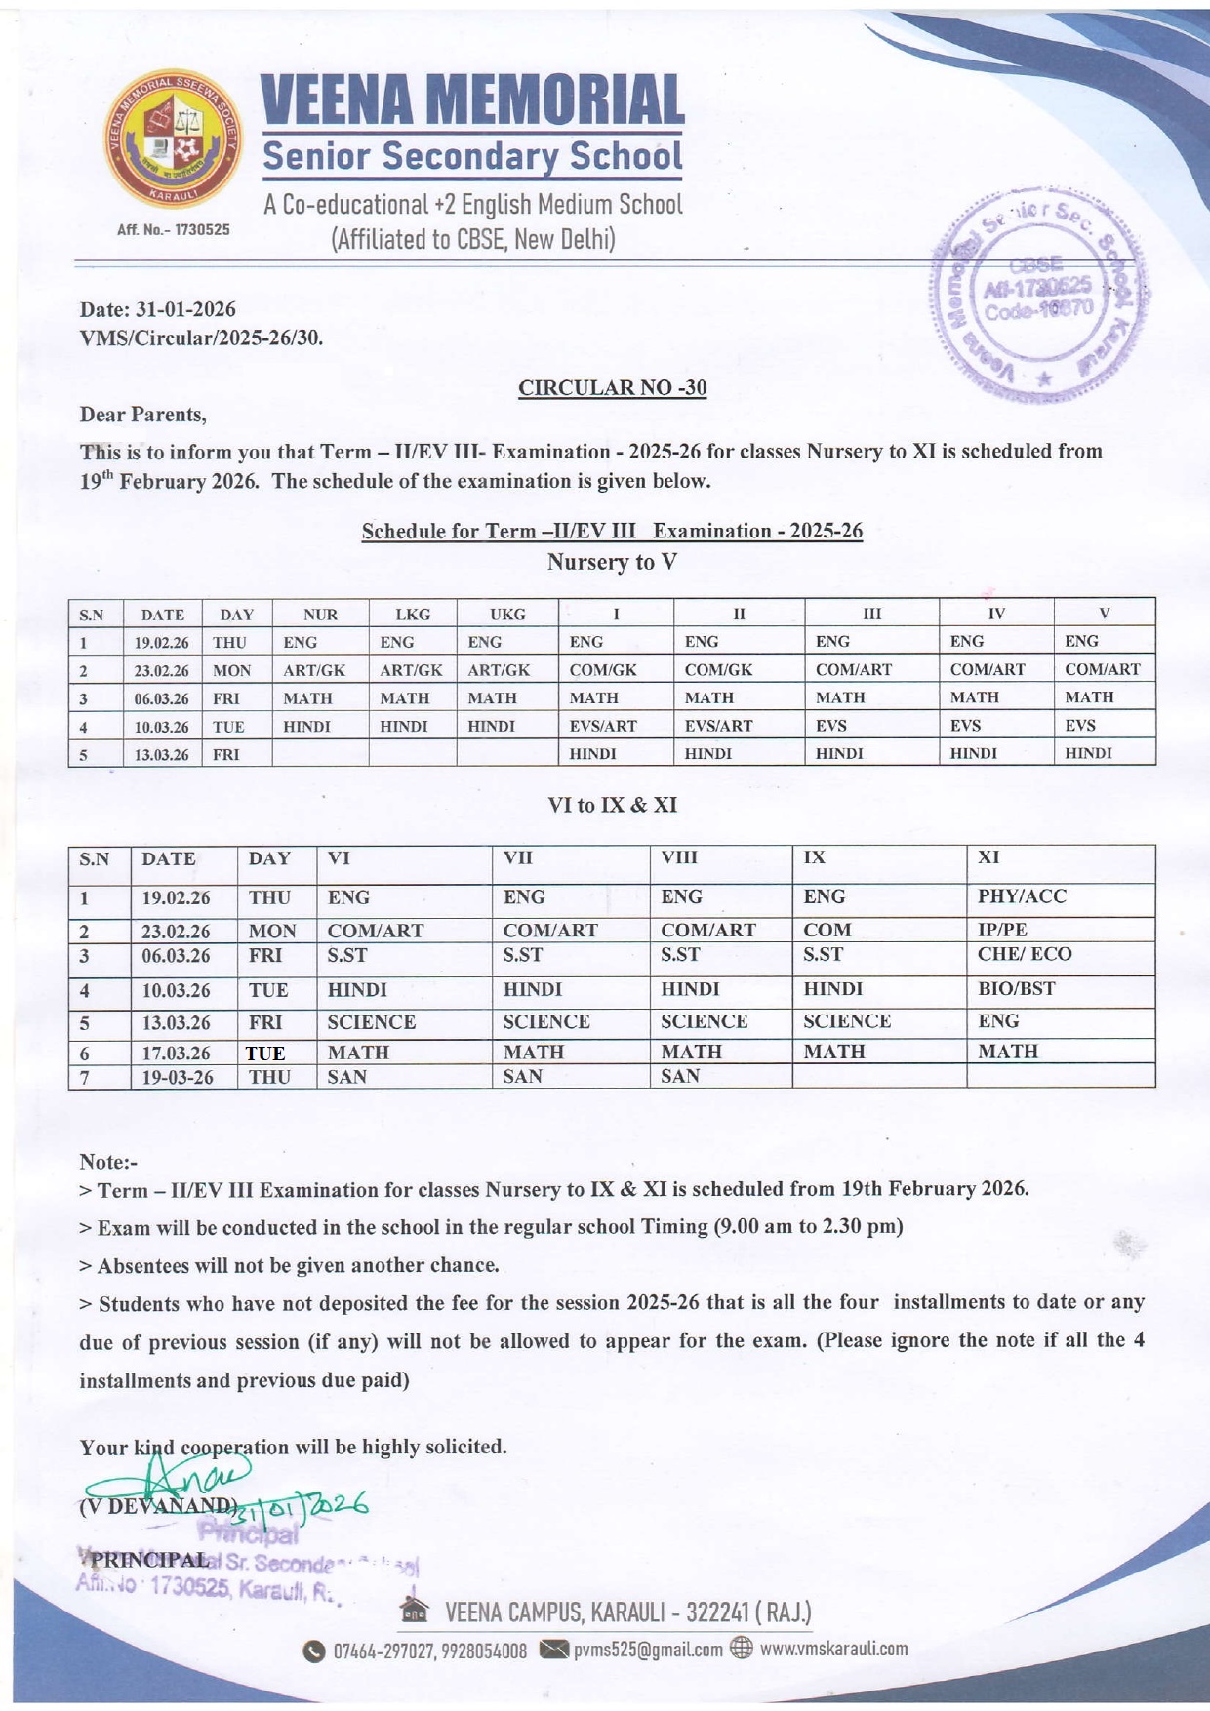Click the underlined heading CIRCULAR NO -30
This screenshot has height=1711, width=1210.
click(612, 388)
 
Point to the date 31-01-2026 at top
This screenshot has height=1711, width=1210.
click(185, 310)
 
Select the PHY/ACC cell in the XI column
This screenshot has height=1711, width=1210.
click(1022, 896)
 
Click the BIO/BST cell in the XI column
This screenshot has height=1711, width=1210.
click(1016, 989)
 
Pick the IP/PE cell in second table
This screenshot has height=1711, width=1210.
click(1002, 930)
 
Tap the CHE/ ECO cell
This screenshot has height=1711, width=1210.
click(1024, 954)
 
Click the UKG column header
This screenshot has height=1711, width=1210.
click(507, 615)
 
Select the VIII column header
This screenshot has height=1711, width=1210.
click(680, 858)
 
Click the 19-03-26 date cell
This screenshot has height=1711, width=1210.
click(177, 1078)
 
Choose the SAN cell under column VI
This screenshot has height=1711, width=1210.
click(347, 1077)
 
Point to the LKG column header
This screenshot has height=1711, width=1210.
click(413, 615)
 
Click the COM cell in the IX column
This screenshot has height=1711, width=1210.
click(827, 930)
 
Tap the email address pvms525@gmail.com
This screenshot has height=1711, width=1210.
click(648, 1650)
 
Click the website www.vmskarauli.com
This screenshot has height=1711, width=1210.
click(833, 1649)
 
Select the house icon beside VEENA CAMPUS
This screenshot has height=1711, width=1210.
click(415, 1611)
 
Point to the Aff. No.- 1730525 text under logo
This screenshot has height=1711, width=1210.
click(174, 230)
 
